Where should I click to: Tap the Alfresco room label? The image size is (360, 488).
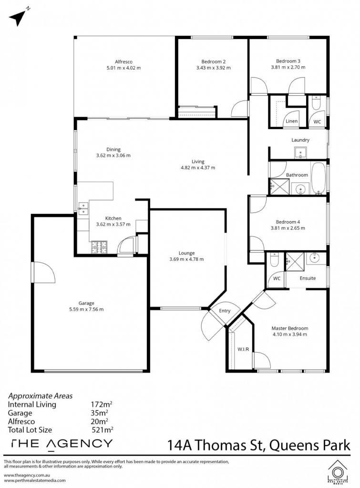(x=123, y=61)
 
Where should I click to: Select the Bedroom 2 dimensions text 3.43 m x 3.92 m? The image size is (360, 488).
(x=213, y=68)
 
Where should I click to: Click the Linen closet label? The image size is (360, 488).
(x=291, y=121)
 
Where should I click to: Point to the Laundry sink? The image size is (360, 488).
(x=301, y=152)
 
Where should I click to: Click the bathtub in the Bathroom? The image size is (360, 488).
(x=318, y=178)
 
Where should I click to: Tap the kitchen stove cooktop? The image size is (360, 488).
(x=99, y=247)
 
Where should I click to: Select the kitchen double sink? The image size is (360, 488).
(x=83, y=208)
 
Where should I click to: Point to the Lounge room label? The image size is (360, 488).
(x=186, y=253)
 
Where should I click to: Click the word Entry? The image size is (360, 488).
(x=225, y=311)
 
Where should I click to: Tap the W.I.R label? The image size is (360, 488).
(x=243, y=349)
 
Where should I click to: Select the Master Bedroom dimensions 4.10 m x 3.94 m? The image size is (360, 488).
(x=289, y=334)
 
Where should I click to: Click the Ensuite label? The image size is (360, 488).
(x=308, y=278)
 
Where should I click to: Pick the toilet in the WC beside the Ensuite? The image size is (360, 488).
(x=274, y=260)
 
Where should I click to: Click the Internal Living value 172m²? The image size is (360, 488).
(x=101, y=404)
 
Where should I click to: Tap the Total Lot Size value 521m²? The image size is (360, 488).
(x=103, y=430)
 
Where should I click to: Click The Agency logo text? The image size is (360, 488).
(x=62, y=444)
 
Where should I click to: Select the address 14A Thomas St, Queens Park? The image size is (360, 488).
(x=259, y=445)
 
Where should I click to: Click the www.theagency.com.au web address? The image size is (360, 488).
(x=27, y=475)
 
